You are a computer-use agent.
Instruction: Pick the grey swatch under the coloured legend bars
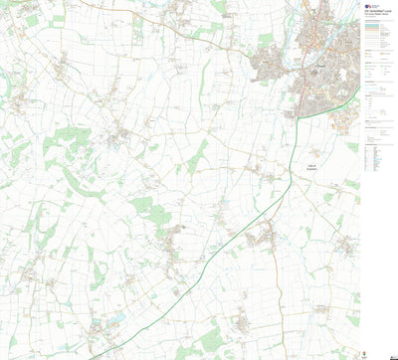376,50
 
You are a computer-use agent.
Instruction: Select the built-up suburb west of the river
274,65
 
